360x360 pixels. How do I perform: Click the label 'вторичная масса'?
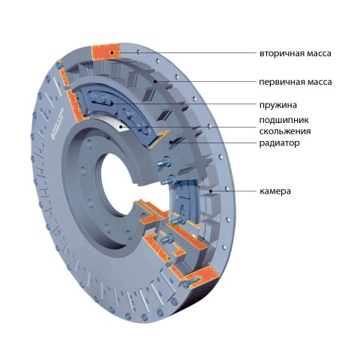(295, 53)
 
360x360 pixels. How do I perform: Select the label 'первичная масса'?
(295, 82)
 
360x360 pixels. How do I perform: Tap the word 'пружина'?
(278, 105)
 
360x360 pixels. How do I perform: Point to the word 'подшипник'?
(283, 120)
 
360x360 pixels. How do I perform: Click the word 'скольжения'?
(285, 131)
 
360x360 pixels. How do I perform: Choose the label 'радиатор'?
(279, 143)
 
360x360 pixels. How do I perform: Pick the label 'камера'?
(275, 191)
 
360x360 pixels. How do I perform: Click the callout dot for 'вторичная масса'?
(112, 52)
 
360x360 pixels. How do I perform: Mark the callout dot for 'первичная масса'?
(155, 81)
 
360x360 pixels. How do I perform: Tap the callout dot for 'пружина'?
(112, 103)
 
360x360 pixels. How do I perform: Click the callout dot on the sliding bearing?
(121, 127)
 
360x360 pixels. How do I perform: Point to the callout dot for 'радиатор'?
(171, 142)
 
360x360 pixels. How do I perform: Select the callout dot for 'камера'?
(211, 191)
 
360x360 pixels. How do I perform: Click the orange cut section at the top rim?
(106, 52)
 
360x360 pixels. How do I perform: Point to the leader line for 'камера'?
(235, 191)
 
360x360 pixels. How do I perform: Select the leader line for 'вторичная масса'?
(184, 53)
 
